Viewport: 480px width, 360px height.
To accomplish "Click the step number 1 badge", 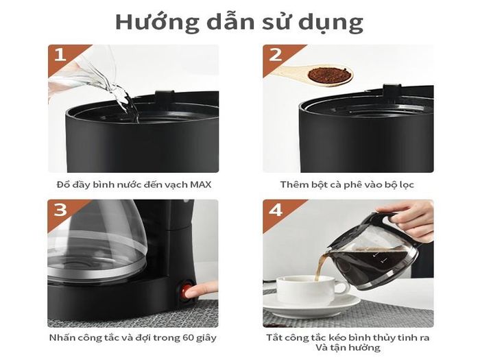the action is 60,55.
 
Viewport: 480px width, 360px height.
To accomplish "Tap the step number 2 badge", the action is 276,55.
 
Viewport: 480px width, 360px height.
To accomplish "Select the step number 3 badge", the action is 60,210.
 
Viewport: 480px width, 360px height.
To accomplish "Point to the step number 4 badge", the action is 276,210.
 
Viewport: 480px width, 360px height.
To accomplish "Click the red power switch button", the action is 186,291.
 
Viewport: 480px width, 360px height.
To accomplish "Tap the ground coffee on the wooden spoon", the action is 329,75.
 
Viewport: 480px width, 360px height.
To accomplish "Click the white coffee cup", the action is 309,290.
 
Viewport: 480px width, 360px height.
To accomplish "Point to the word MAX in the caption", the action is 200,184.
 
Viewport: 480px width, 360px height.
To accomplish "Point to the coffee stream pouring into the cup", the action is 320,266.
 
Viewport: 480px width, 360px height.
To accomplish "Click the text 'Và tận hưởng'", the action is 348,348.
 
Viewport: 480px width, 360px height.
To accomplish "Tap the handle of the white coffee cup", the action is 344,288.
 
